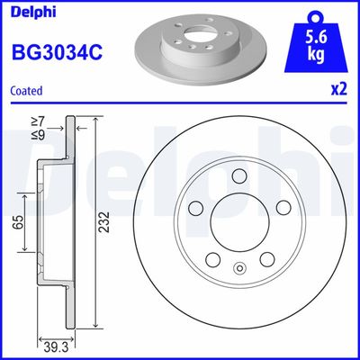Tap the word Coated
coord(27,91)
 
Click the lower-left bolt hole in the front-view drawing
coord(213,260)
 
